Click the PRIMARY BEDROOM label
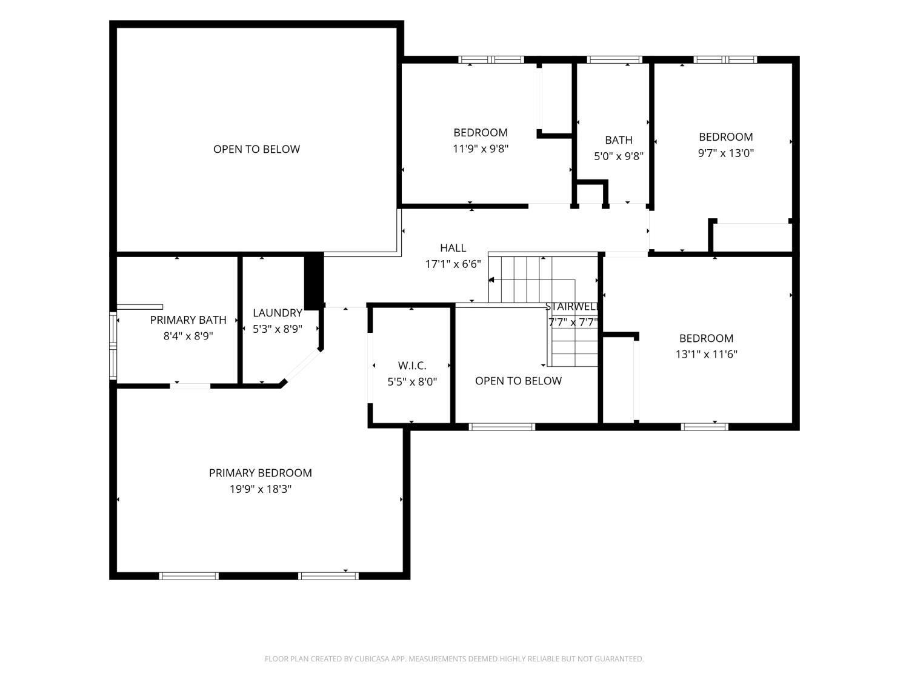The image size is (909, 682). tap(260, 473)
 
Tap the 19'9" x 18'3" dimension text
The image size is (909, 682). tap(261, 489)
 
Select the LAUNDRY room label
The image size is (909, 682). tap(278, 313)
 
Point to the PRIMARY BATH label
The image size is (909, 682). tap(188, 320)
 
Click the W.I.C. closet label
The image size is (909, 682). tap(412, 366)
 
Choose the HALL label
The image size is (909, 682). tap(453, 248)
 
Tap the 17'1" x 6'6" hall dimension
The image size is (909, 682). tap(453, 264)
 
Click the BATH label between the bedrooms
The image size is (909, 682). tap(619, 141)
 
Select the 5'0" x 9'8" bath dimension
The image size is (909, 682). tap(619, 156)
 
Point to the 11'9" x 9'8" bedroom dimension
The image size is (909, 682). tap(481, 149)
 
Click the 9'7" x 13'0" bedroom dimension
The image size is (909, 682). tap(725, 153)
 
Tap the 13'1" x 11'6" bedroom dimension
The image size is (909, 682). tap(707, 355)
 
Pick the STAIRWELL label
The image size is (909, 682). tap(572, 307)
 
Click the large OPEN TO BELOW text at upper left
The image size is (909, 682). tap(256, 149)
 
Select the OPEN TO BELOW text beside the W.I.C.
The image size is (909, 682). tap(518, 381)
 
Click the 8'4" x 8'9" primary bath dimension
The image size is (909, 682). tap(188, 336)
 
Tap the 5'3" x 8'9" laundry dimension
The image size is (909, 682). tap(278, 329)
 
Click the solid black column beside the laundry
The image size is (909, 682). tap(313, 281)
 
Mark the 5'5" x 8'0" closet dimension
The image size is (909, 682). tap(412, 382)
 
